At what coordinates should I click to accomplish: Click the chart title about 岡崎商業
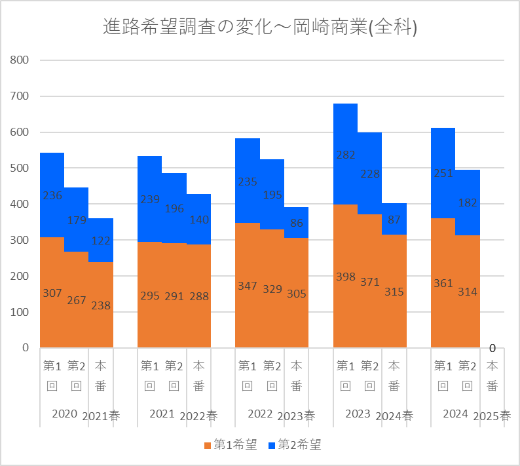[x=259, y=27]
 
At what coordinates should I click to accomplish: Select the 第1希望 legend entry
[x=231, y=444]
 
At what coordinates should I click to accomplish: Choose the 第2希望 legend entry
[x=295, y=444]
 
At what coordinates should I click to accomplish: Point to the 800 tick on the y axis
[x=19, y=60]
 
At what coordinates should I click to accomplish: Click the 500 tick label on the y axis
[x=19, y=168]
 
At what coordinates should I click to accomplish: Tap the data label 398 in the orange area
[x=346, y=277]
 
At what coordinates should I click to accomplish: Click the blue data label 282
[x=346, y=155]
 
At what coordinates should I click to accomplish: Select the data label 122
[x=101, y=241]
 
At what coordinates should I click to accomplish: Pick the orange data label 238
[x=101, y=305]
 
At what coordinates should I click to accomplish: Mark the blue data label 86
[x=297, y=223]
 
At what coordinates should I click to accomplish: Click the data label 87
[x=394, y=220]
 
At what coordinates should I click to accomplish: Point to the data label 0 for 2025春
[x=492, y=348]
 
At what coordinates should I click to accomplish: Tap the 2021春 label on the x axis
[x=101, y=416]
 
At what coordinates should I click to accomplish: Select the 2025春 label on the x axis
[x=492, y=416]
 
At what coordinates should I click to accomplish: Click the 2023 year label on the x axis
[x=358, y=414]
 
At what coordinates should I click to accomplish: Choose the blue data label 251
[x=443, y=173]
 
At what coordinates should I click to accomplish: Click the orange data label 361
[x=443, y=283]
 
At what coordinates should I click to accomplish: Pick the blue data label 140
[x=199, y=220]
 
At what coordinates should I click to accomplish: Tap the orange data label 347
[x=248, y=286]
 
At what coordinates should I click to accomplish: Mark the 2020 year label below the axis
[x=65, y=414]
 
